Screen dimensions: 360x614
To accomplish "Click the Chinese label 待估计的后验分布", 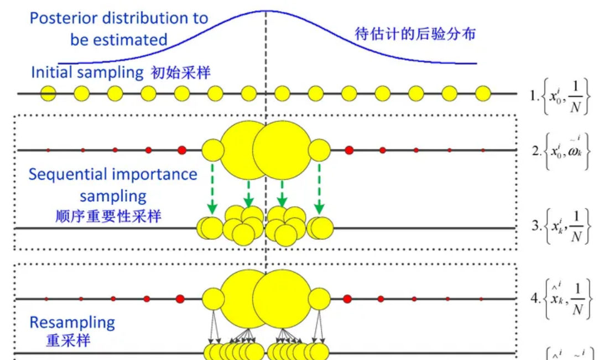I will pyautogui.click(x=415, y=34).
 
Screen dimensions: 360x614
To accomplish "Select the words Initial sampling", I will pyautogui.click(x=87, y=72).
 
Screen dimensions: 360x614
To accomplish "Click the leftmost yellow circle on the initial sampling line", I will pyautogui.click(x=49, y=93).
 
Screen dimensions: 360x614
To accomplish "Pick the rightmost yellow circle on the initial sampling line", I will pyautogui.click(x=483, y=93).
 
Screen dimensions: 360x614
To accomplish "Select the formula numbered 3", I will pyautogui.click(x=561, y=226).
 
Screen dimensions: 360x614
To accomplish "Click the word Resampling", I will pyautogui.click(x=72, y=322).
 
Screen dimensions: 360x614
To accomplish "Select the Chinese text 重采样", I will pyautogui.click(x=67, y=340).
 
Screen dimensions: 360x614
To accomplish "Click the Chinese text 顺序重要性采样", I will pyautogui.click(x=108, y=216).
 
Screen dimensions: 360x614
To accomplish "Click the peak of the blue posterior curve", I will pyautogui.click(x=266, y=11).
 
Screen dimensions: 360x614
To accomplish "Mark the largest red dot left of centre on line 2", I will pyautogui.click(x=181, y=150).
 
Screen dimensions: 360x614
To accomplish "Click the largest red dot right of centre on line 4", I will pyautogui.click(x=347, y=299).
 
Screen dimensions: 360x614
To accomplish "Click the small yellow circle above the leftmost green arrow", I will pyautogui.click(x=212, y=150).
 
